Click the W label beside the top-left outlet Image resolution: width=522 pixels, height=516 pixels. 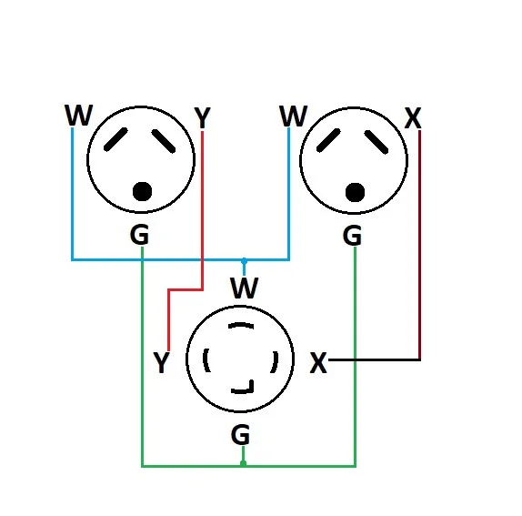[x=78, y=116]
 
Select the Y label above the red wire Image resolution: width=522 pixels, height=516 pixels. [x=202, y=118]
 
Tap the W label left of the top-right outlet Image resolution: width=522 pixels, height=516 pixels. [x=293, y=116]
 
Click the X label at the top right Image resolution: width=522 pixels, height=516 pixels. [x=413, y=118]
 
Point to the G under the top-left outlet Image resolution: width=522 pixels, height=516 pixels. [x=139, y=235]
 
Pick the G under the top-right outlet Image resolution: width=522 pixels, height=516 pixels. [x=352, y=236]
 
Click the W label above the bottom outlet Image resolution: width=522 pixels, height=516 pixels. [x=244, y=289]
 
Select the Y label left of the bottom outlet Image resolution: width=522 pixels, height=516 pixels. [x=161, y=364]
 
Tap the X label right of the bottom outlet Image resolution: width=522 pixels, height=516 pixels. [x=318, y=363]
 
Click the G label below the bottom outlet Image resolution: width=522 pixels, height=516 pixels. [x=240, y=435]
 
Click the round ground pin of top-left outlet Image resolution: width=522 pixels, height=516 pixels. [x=142, y=191]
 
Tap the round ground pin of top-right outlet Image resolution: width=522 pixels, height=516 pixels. [x=356, y=192]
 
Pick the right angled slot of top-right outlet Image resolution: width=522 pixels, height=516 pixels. [x=377, y=140]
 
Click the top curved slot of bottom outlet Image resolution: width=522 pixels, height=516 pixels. [x=241, y=326]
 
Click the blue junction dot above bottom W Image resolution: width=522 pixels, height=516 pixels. [x=244, y=260]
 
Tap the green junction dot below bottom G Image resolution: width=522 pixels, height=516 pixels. [x=243, y=463]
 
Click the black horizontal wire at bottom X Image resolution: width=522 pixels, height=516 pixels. [x=373, y=360]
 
